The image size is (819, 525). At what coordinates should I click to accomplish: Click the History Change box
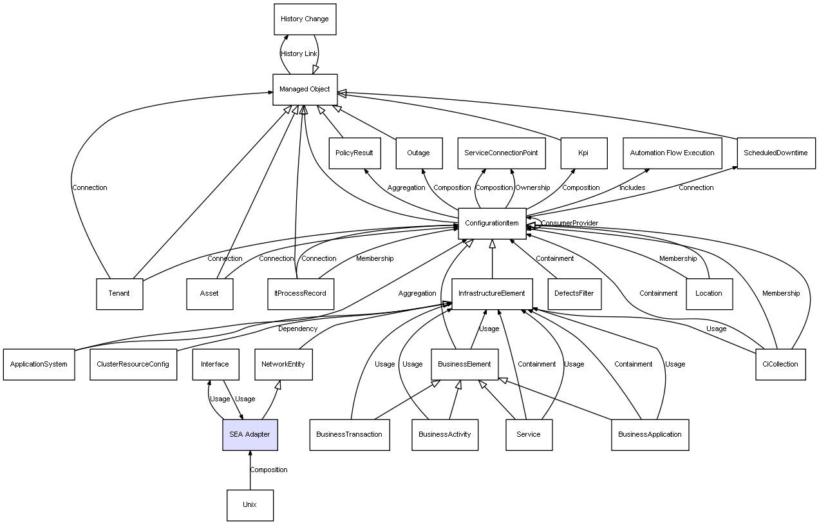pyautogui.click(x=305, y=19)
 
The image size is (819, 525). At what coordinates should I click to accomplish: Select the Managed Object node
pyautogui.click(x=305, y=90)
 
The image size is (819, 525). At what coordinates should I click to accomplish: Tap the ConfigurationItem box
pyautogui.click(x=492, y=224)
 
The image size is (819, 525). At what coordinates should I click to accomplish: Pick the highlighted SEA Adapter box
pyautogui.click(x=250, y=434)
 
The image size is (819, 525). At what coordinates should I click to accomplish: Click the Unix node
pyautogui.click(x=250, y=505)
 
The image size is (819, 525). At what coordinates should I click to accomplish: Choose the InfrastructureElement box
pyautogui.click(x=492, y=294)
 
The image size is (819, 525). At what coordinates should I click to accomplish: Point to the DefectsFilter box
pyautogui.click(x=574, y=294)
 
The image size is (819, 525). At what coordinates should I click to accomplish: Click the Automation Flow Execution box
pyautogui.click(x=672, y=153)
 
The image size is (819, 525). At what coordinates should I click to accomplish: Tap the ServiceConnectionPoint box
pyautogui.click(x=501, y=153)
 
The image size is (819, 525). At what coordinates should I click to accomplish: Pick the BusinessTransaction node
pyautogui.click(x=349, y=434)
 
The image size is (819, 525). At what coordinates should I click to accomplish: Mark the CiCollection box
pyautogui.click(x=780, y=364)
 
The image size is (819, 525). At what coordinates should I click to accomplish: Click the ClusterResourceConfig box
pyautogui.click(x=133, y=364)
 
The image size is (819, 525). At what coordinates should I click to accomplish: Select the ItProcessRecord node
pyautogui.click(x=296, y=294)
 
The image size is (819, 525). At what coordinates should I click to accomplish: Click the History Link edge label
pyautogui.click(x=299, y=54)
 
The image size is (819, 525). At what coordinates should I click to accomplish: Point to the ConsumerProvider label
pyautogui.click(x=569, y=224)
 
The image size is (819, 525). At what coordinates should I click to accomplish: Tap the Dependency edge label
pyautogui.click(x=297, y=329)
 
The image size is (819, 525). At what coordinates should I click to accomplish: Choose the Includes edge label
pyautogui.click(x=632, y=188)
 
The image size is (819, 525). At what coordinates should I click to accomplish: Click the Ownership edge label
pyautogui.click(x=532, y=188)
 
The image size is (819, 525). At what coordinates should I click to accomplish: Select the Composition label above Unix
pyautogui.click(x=268, y=470)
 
